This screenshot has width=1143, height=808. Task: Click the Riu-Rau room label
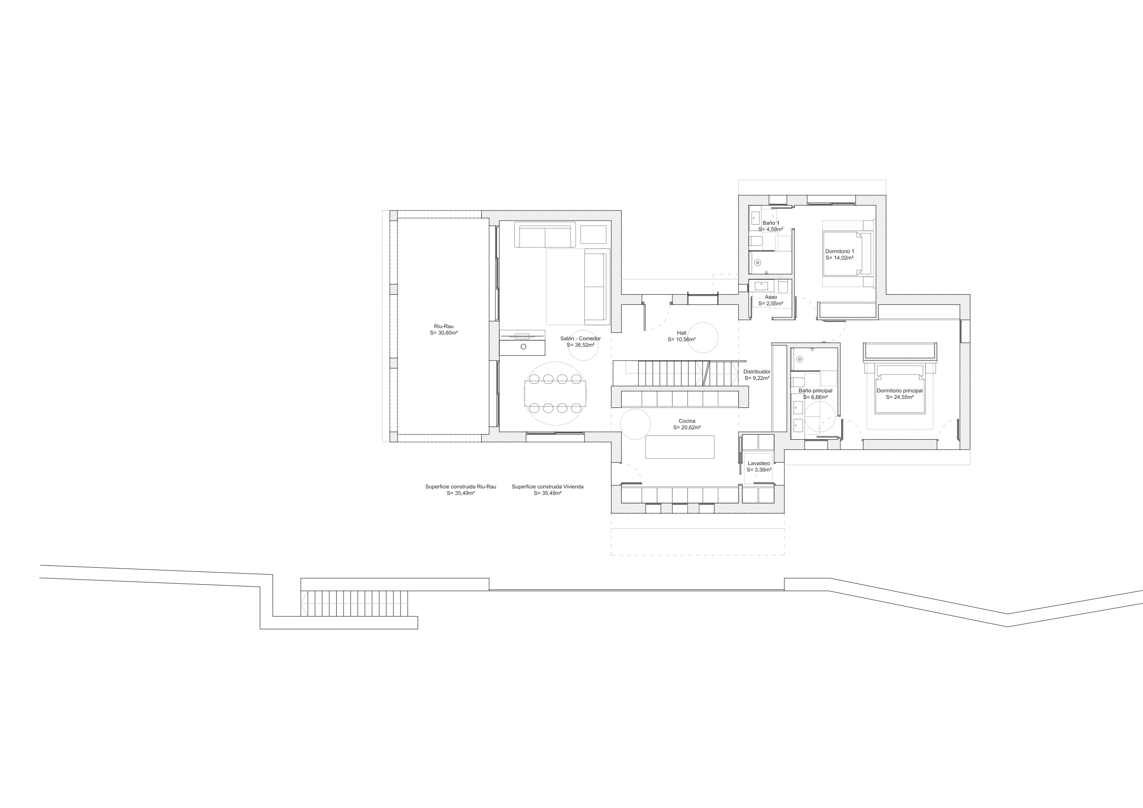pyautogui.click(x=443, y=326)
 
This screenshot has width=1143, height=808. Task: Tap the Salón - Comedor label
pyautogui.click(x=580, y=338)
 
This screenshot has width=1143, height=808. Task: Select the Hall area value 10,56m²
pyautogui.click(x=682, y=339)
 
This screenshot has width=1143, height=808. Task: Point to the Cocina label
pyautogui.click(x=687, y=421)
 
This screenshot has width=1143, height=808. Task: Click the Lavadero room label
pyautogui.click(x=758, y=464)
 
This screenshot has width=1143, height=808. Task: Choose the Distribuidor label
pyautogui.click(x=757, y=372)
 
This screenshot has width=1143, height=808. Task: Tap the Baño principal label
pyautogui.click(x=816, y=391)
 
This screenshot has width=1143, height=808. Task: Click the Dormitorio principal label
pyautogui.click(x=899, y=391)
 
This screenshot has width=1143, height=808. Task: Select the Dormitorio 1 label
pyautogui.click(x=840, y=251)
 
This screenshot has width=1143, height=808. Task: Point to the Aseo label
pyautogui.click(x=770, y=297)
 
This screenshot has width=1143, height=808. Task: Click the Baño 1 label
pyautogui.click(x=770, y=223)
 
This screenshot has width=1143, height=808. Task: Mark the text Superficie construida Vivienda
pyautogui.click(x=548, y=487)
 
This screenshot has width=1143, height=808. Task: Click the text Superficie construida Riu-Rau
pyautogui.click(x=461, y=487)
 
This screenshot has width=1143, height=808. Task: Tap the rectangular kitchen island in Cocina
pyautogui.click(x=680, y=447)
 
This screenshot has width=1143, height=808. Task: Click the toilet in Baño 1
pyautogui.click(x=755, y=243)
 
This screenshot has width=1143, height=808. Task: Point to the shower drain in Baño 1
pyautogui.click(x=758, y=262)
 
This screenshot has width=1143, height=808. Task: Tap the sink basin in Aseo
pyautogui.click(x=761, y=286)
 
